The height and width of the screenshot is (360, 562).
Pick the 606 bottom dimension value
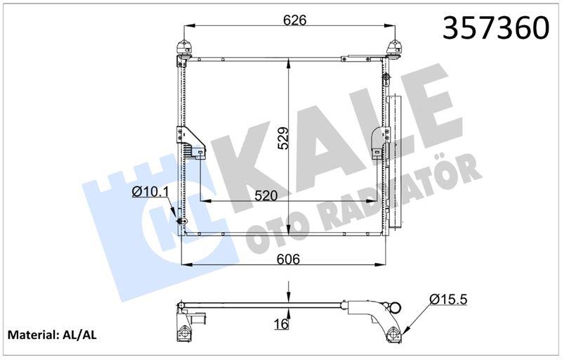287,259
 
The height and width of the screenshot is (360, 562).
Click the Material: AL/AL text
51,337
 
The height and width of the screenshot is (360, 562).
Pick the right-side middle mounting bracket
381,143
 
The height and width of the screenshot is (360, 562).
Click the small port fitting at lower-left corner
182,224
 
